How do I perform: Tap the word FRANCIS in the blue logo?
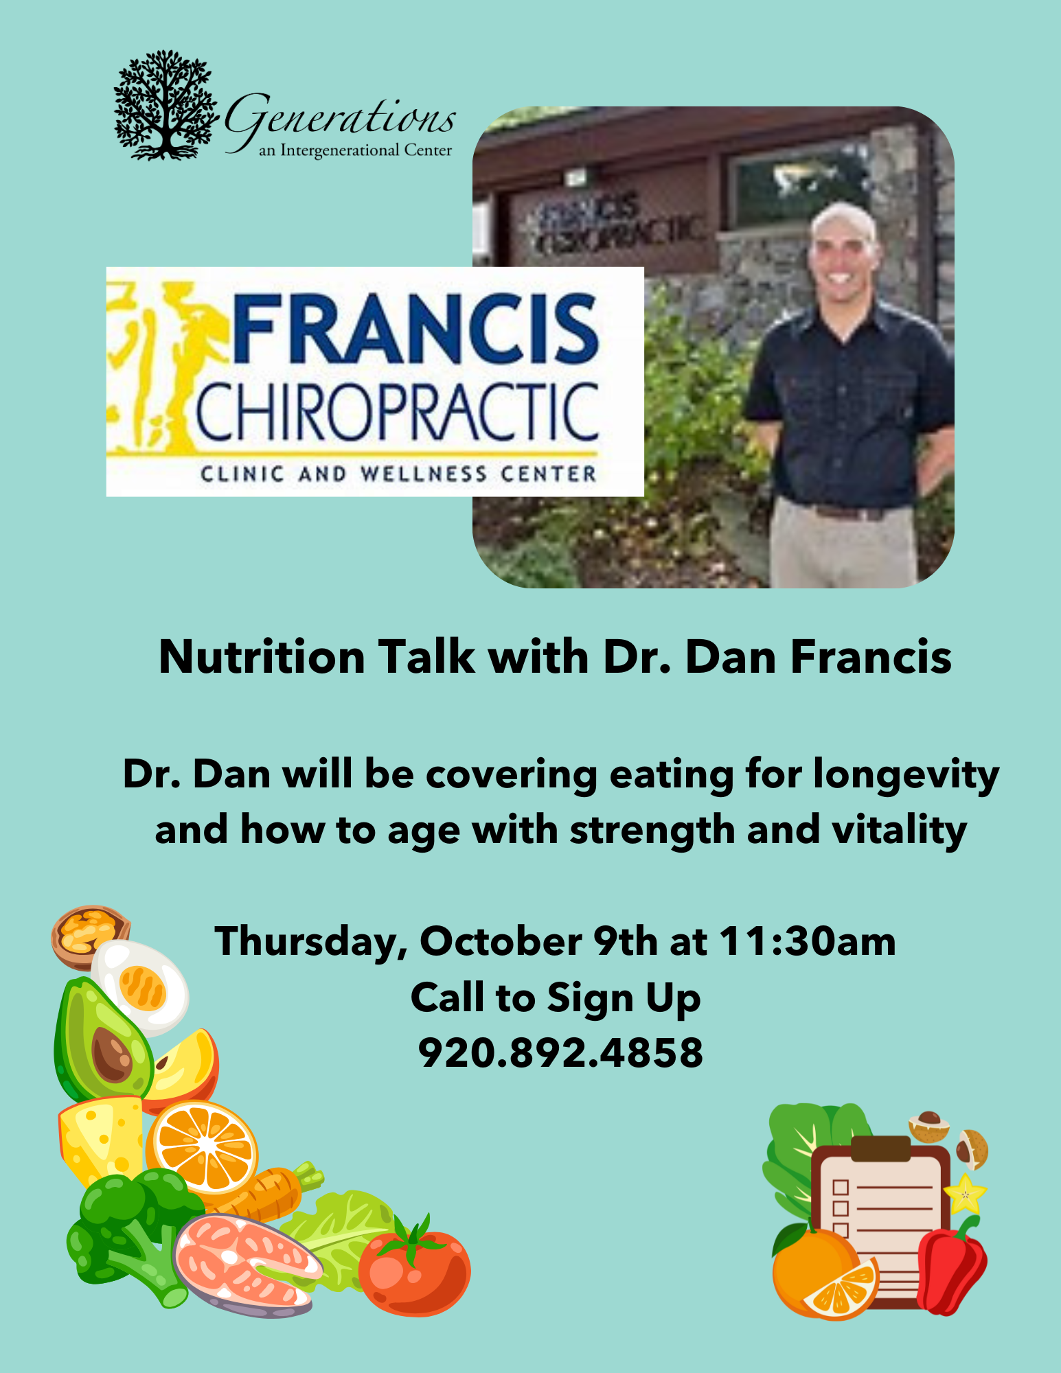416,329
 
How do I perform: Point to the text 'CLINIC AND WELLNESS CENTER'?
398,474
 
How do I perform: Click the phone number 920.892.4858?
560,1052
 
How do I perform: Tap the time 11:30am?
808,941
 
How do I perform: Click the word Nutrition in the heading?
262,657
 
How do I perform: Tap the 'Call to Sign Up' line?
556,998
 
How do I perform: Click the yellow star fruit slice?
966,1195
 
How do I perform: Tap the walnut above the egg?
89,934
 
